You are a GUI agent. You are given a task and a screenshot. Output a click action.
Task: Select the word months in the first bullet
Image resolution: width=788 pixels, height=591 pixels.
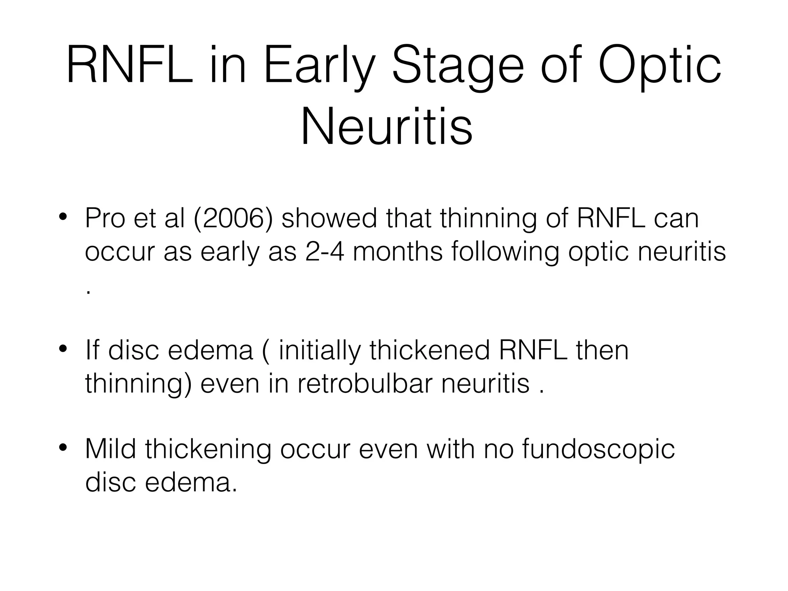click(x=397, y=252)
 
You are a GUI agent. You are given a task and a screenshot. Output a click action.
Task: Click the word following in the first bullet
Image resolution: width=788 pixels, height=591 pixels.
click(x=505, y=252)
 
